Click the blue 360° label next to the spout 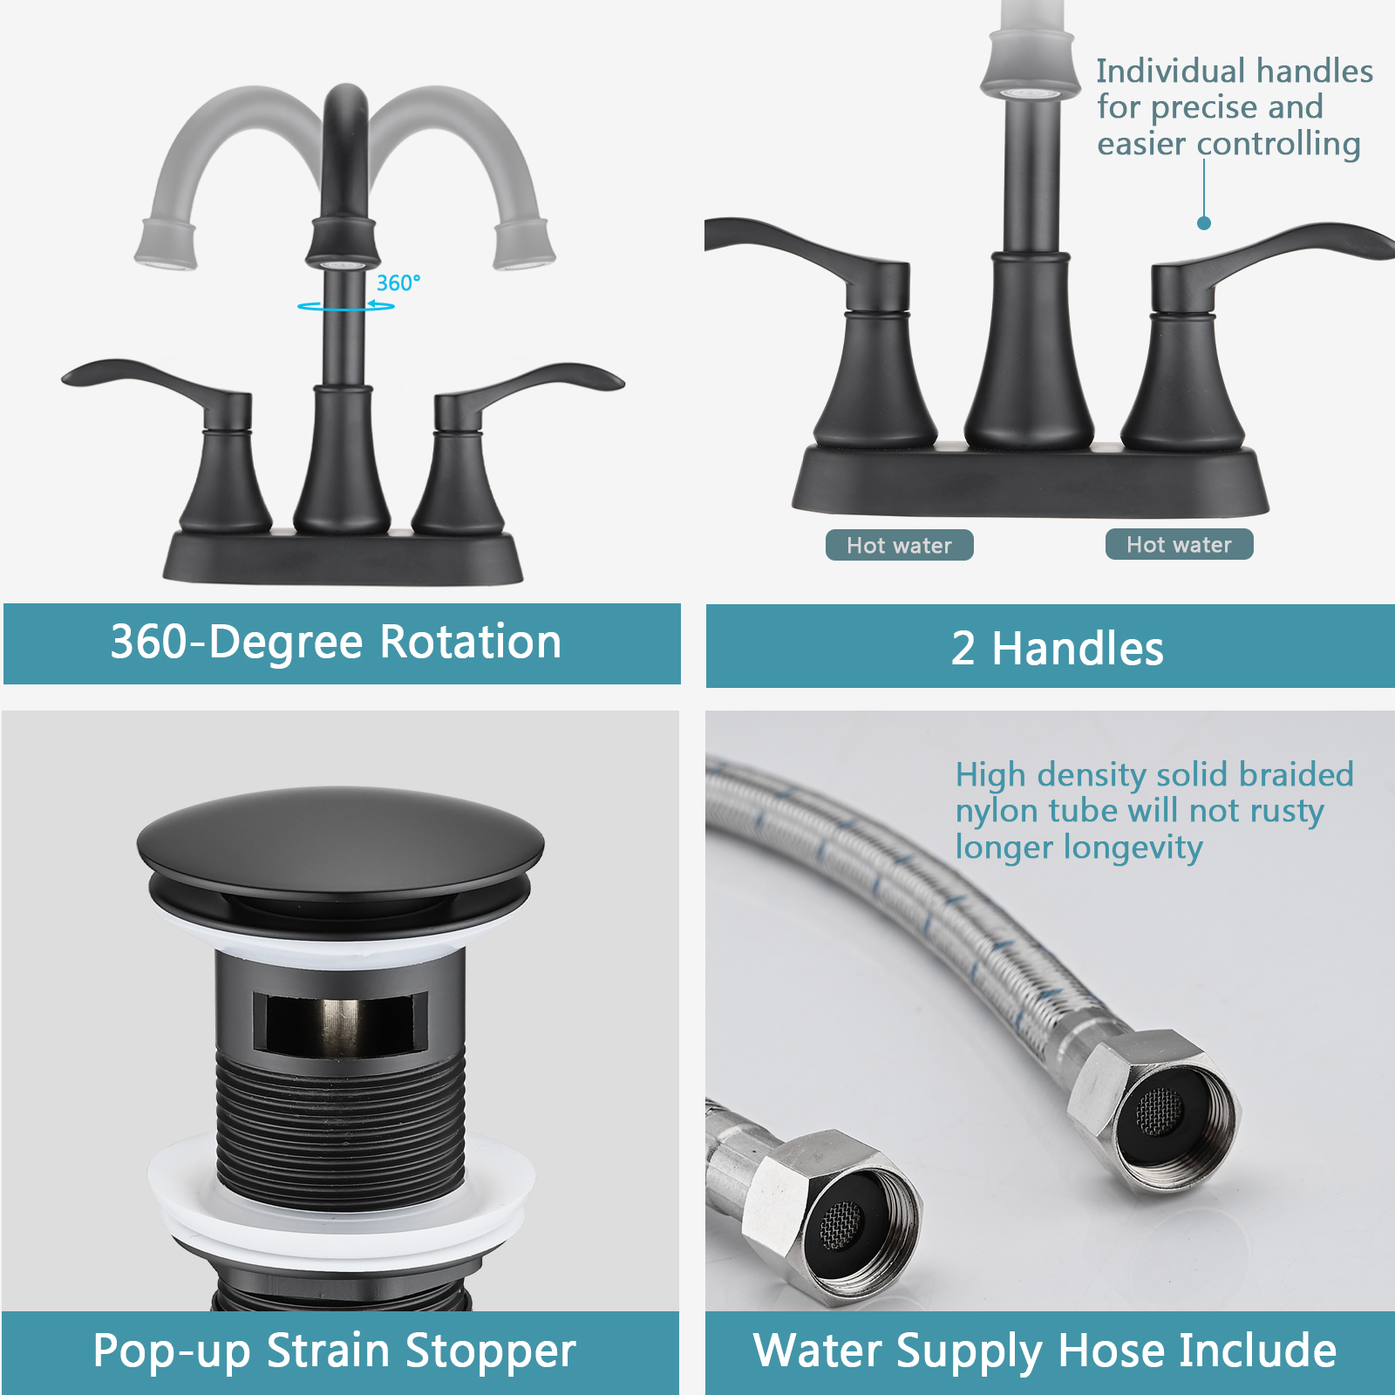click(x=398, y=283)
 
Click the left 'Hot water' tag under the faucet click(x=899, y=546)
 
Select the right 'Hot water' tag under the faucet click(x=1179, y=545)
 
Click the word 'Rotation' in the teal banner click(x=471, y=643)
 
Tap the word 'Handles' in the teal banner click(x=1078, y=650)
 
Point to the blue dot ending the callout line click(x=1204, y=223)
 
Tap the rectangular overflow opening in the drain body click(x=340, y=1020)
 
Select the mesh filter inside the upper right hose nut click(x=1160, y=1111)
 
